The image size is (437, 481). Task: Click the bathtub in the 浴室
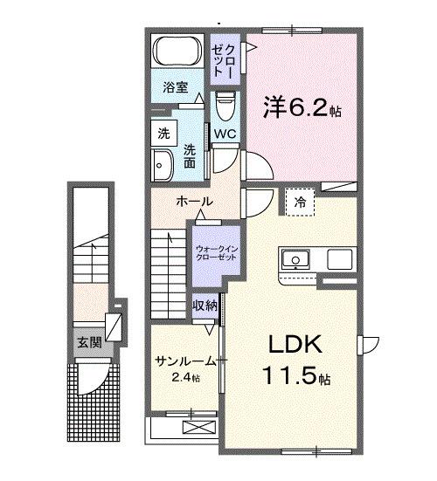(x=177, y=53)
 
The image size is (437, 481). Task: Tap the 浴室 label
(x=176, y=86)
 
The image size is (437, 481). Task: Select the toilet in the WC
(x=225, y=109)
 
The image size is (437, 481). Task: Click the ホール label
(x=193, y=202)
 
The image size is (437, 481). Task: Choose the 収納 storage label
(x=206, y=306)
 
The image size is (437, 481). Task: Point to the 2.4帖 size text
(x=184, y=377)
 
